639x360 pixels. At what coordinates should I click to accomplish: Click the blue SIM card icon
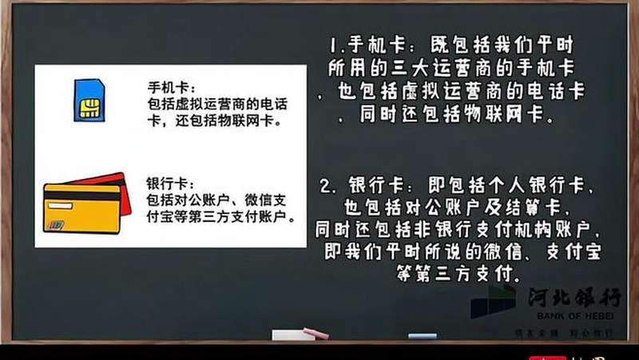pyautogui.click(x=89, y=100)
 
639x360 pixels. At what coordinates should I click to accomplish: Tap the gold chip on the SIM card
pyautogui.click(x=89, y=108)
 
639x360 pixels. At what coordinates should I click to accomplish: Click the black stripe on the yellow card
pyautogui.click(x=81, y=196)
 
